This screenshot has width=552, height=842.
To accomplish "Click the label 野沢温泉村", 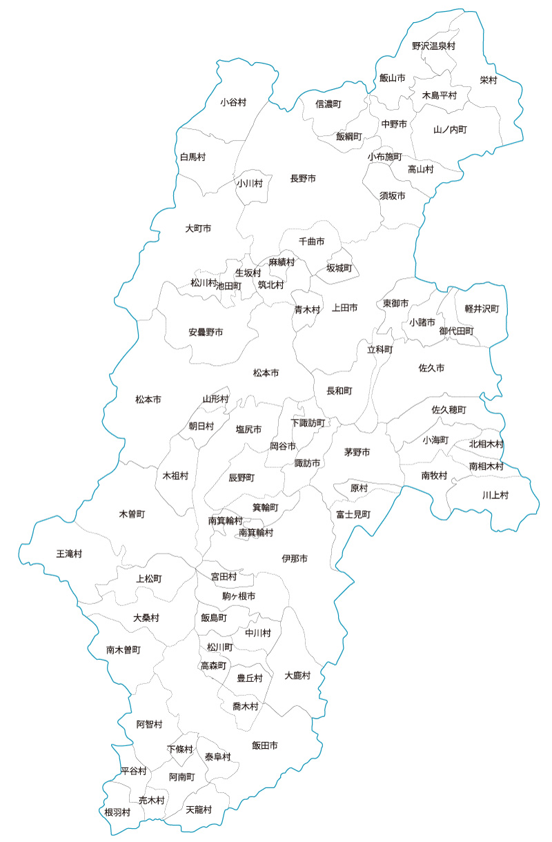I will click(x=433, y=46).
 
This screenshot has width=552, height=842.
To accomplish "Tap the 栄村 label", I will click(x=489, y=80).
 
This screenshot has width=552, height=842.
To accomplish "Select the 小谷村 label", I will click(x=233, y=102).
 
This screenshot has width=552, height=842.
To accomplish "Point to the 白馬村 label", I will click(x=193, y=157).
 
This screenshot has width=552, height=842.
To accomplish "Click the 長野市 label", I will click(x=303, y=179).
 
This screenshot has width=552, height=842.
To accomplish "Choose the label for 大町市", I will click(x=198, y=228).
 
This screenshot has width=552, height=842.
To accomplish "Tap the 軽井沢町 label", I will click(x=482, y=308).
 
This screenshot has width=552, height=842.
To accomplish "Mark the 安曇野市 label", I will click(x=206, y=332).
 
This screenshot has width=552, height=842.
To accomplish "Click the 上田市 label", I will click(x=344, y=308).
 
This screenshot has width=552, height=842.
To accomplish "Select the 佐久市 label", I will click(x=431, y=368).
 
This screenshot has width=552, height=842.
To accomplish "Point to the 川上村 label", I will click(x=495, y=495).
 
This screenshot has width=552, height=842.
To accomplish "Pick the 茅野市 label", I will click(x=357, y=452).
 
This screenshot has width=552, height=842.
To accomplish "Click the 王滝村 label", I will click(x=69, y=554).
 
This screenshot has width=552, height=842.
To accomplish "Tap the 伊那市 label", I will click(x=295, y=558).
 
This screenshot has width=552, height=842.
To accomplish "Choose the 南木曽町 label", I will click(x=124, y=650).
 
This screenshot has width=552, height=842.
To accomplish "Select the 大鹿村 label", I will click(x=298, y=675).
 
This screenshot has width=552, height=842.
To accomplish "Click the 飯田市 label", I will click(x=265, y=745).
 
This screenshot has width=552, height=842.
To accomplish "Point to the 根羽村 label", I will click(x=117, y=812).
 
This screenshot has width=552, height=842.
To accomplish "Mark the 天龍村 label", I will click(x=199, y=809).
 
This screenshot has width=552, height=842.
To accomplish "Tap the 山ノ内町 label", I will click(x=450, y=129).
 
